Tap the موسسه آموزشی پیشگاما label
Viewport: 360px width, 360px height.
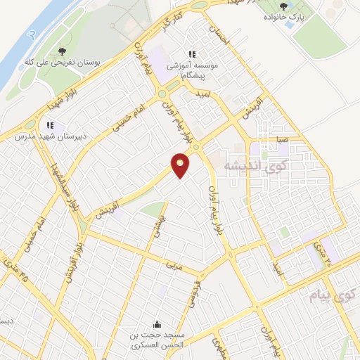point(191,67)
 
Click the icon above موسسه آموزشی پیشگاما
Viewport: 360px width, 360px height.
point(191,55)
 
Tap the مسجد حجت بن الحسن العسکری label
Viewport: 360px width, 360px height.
point(157,341)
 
